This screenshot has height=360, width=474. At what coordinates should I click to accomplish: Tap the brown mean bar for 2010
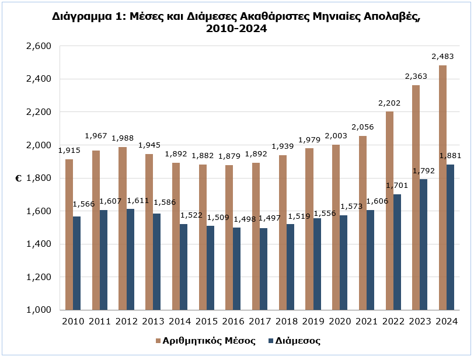coord(69,234)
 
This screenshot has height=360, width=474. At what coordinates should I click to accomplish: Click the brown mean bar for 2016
coord(229,237)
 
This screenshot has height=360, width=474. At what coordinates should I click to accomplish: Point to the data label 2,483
coord(442,57)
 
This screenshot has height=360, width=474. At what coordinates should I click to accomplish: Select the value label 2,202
coord(389,103)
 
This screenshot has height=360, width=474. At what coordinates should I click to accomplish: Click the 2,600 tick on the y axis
coord(40,46)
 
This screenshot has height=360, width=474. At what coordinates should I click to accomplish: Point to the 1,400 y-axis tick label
coord(40,244)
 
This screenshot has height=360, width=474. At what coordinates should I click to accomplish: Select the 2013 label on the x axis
coord(153,321)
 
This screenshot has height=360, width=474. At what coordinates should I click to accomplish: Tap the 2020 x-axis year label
coord(340,321)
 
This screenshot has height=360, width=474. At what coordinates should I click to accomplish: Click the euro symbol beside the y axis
coord(18,179)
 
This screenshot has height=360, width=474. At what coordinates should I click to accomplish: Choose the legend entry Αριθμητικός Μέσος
coord(209,341)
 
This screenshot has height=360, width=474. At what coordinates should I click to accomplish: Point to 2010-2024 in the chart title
coord(236,28)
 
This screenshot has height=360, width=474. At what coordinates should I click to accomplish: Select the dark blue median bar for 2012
coord(130,259)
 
